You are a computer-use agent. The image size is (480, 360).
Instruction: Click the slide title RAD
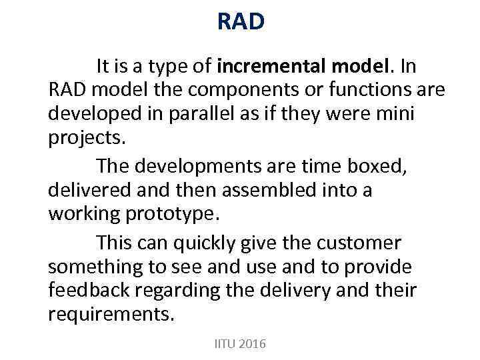coord(241,22)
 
